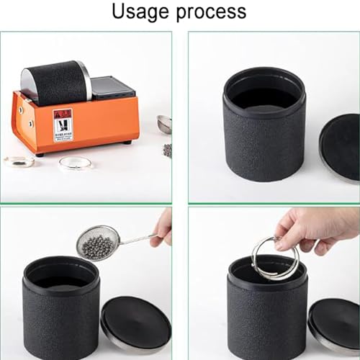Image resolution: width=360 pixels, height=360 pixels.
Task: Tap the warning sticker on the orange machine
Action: click(x=63, y=124)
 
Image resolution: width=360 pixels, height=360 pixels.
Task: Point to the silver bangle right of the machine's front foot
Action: click(x=75, y=163)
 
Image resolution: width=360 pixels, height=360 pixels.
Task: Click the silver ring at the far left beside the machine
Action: click(x=19, y=161)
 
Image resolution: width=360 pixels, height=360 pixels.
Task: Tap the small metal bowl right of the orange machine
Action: click(x=165, y=123)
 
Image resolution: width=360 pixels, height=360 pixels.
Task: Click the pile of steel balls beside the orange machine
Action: click(x=167, y=150)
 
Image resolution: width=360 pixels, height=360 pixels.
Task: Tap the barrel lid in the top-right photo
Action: click(x=340, y=147)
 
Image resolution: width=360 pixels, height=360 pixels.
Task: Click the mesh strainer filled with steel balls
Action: click(x=96, y=243)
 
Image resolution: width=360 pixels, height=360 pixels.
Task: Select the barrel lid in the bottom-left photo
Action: click(x=136, y=324)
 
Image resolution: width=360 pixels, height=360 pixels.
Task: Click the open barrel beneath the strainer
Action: click(x=61, y=310)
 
